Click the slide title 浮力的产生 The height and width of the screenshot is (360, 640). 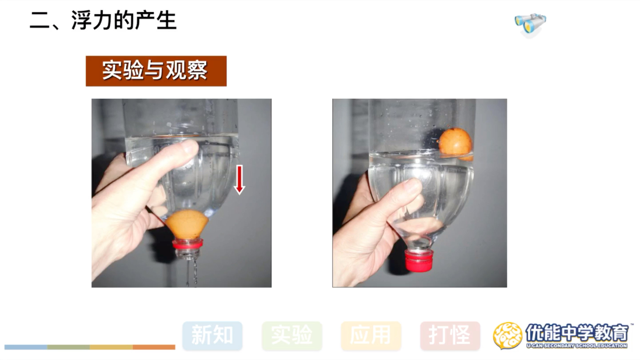click(124, 20)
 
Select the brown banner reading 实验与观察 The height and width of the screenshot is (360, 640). click(156, 71)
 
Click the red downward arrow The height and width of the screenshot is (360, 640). click(239, 180)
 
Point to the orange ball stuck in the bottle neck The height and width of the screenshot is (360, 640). click(187, 224)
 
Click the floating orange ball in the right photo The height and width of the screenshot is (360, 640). click(456, 144)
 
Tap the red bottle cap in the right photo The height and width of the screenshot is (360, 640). click(419, 260)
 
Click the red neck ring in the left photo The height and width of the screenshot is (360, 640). click(188, 244)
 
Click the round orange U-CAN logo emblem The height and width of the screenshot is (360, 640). click(508, 336)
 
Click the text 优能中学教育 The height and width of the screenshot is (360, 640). click(577, 333)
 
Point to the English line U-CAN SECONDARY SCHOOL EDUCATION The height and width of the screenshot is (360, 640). click(577, 346)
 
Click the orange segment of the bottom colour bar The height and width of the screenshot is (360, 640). click(154, 347)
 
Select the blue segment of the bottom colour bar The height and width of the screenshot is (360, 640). click(26, 347)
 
